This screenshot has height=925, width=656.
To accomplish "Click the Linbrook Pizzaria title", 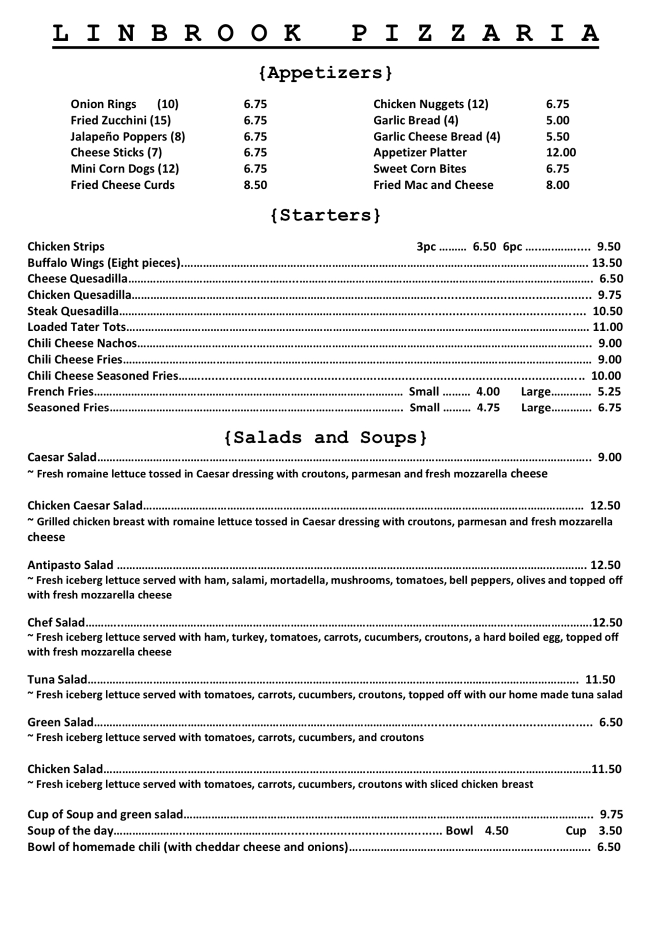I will [325, 34].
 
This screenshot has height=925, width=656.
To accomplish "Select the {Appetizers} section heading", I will [325, 73].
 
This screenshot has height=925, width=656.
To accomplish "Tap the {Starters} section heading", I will [325, 215].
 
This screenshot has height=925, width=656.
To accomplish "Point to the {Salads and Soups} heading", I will [325, 438].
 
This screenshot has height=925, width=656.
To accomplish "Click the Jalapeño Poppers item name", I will [128, 136].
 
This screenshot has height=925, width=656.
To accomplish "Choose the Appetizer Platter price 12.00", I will [561, 153].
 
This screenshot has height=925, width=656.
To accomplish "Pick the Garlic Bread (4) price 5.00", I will [557, 121].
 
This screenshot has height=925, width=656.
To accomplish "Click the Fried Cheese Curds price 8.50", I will [255, 185].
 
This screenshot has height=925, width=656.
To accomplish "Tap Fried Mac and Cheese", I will [433, 185].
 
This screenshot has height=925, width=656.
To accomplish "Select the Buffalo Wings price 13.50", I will [607, 263].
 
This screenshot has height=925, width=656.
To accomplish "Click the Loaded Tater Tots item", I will [76, 327].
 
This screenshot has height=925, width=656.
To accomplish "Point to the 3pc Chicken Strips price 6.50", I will [484, 247].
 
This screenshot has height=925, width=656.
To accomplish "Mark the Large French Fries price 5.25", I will [609, 392].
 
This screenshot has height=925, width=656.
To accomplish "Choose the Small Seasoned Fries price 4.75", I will [488, 408].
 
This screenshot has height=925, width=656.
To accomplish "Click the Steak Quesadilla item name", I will [73, 311].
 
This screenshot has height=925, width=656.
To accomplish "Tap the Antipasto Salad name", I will [70, 565].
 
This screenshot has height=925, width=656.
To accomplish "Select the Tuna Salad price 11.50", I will [600, 680].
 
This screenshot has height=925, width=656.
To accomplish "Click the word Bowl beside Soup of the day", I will [459, 831].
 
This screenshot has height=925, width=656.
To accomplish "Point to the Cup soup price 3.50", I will [610, 831].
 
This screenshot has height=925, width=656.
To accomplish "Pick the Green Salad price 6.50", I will [610, 722].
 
